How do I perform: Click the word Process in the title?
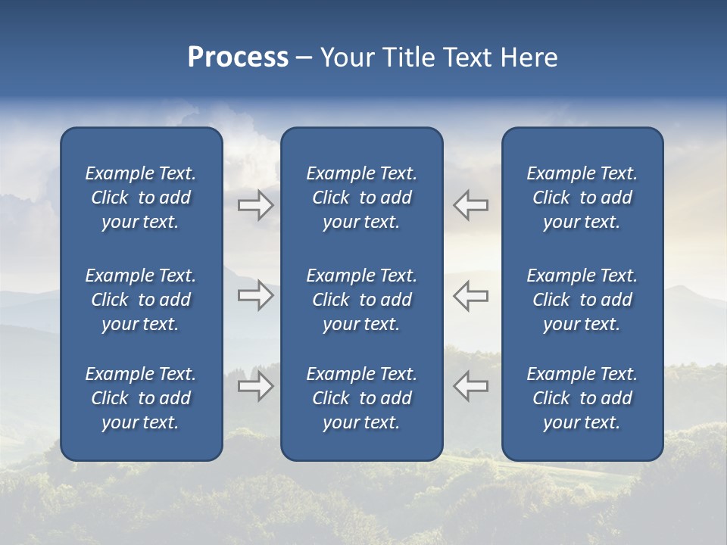point(238,58)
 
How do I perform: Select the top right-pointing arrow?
point(256,205)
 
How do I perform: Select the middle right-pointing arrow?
point(256,295)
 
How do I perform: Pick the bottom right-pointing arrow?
point(256,386)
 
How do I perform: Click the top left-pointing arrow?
point(470,205)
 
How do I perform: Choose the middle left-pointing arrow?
point(470,295)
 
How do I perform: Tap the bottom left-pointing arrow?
point(470,386)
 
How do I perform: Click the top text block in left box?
point(141,198)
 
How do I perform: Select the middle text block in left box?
point(141,300)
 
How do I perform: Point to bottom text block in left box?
point(141,398)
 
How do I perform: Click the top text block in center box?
point(361,198)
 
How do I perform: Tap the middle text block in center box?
point(361,300)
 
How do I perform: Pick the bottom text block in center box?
point(361,398)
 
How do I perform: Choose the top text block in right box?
point(582,198)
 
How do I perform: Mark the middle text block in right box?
point(582,300)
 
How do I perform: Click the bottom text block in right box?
point(582,398)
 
